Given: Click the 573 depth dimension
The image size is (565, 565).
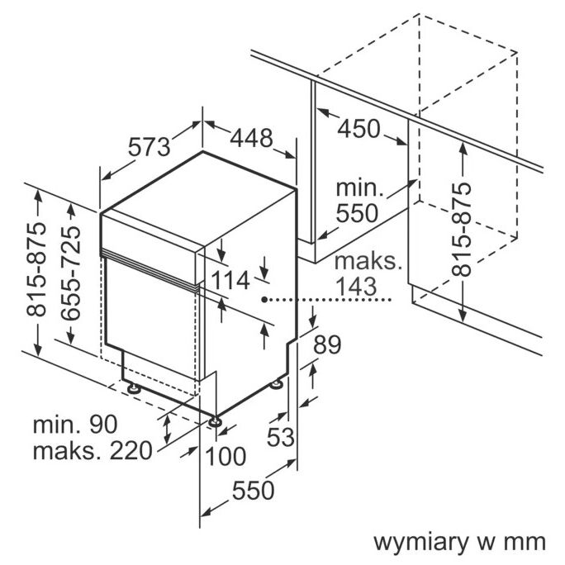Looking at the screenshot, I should pyautogui.click(x=149, y=146).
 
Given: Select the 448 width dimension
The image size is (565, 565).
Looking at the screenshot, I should pyautogui.click(x=250, y=138).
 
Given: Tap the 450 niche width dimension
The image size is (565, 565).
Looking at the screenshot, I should pyautogui.click(x=358, y=129).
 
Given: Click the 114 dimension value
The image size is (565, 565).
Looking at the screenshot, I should pyautogui.click(x=229, y=280).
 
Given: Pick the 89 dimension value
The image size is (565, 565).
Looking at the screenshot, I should pyautogui.click(x=328, y=346).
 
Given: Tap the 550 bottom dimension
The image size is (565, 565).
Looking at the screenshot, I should pyautogui.click(x=252, y=491).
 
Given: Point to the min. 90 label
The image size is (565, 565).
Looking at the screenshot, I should pyautogui.click(x=75, y=425).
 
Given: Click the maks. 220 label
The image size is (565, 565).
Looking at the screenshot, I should pyautogui.click(x=93, y=451).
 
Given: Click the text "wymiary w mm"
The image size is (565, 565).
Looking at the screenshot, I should pyautogui.click(x=460, y=542).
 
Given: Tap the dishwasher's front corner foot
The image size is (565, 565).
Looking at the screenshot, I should pyautogui.click(x=216, y=421).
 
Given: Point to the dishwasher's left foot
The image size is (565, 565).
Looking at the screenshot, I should pyautogui.click(x=132, y=386).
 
